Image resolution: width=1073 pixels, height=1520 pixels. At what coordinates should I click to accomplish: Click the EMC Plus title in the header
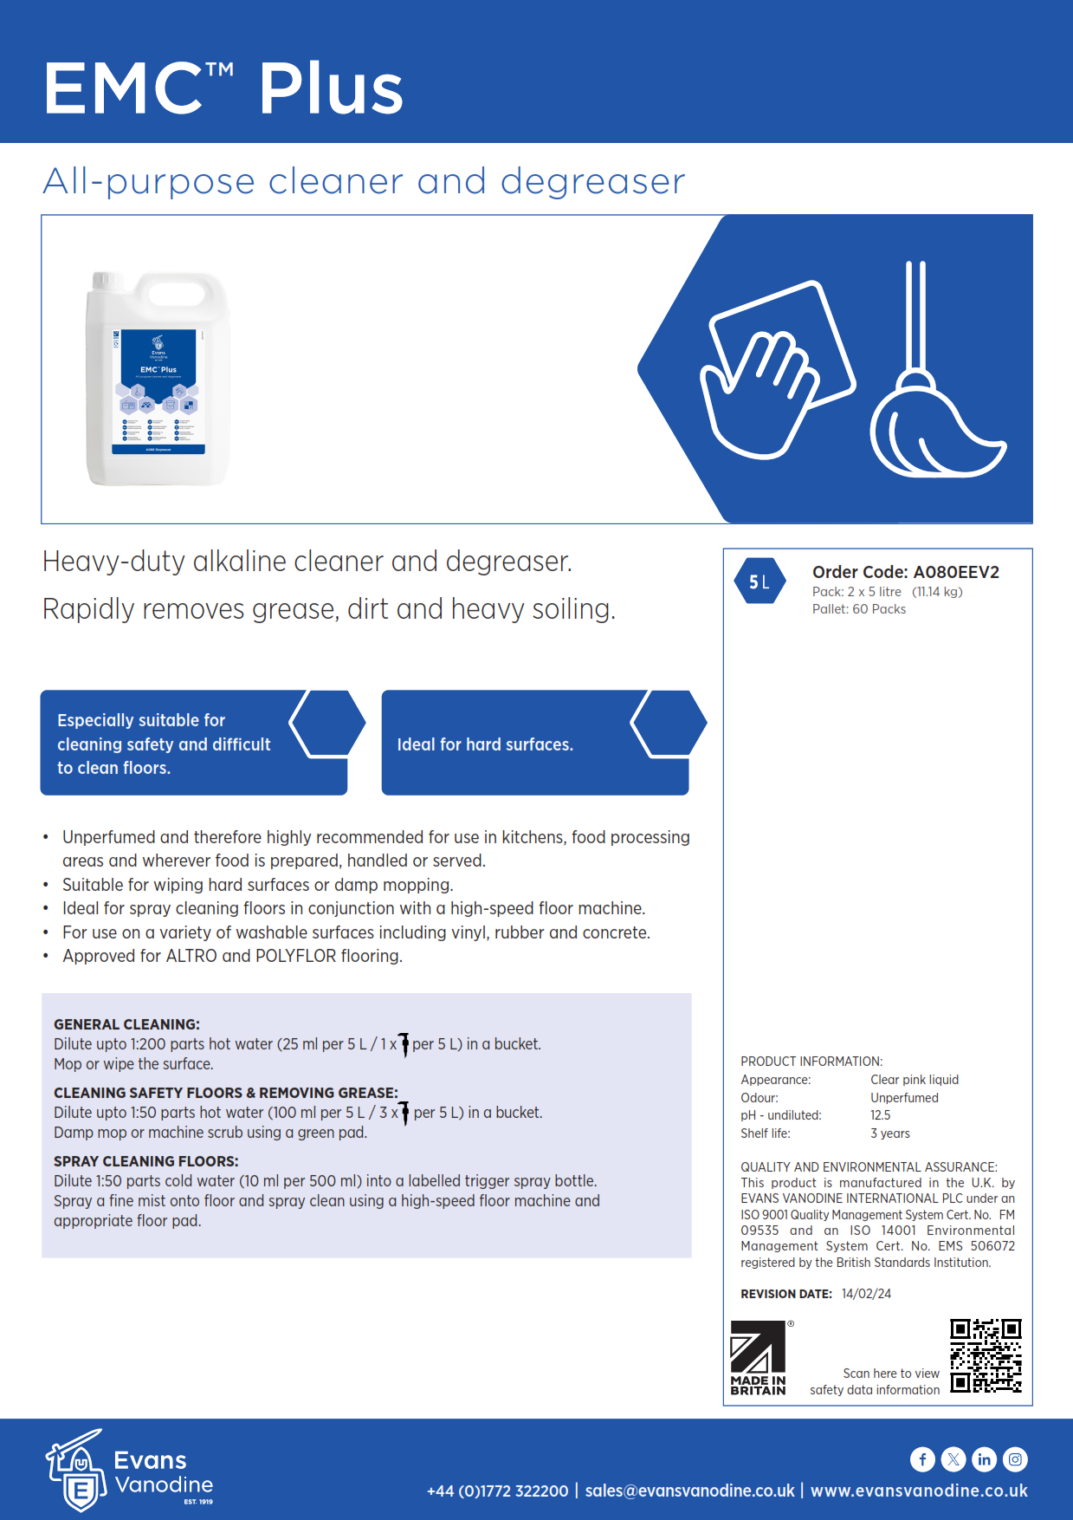(x=223, y=88)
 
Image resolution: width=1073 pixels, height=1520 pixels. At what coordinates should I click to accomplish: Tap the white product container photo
(x=158, y=379)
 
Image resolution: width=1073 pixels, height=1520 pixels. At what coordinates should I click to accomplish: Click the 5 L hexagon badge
(x=759, y=581)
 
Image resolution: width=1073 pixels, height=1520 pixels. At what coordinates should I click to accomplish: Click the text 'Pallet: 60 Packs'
(x=858, y=609)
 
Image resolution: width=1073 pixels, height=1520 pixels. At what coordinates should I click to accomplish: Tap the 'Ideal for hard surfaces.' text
(x=485, y=744)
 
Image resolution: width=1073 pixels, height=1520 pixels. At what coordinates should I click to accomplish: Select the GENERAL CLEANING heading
(x=126, y=1024)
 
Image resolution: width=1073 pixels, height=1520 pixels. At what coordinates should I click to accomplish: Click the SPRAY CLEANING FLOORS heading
(x=145, y=1161)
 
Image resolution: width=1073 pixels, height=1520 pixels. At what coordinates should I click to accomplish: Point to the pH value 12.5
(x=880, y=1115)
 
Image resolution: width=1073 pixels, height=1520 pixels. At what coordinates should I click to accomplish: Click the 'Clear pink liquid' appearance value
(x=914, y=1080)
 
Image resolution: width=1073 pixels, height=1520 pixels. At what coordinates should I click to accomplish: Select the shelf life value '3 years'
(x=889, y=1134)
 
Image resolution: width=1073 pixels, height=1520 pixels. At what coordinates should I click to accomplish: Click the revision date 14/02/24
(x=866, y=1294)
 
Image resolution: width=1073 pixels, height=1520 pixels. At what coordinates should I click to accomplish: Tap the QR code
(x=986, y=1355)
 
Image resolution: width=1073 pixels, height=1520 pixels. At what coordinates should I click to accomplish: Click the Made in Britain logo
(x=759, y=1358)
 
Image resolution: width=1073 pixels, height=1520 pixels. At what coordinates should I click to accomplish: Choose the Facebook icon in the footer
(x=922, y=1459)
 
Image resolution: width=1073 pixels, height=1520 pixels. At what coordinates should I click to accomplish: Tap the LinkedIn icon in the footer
(x=984, y=1459)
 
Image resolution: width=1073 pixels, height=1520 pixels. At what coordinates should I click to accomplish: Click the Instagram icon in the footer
(x=1015, y=1459)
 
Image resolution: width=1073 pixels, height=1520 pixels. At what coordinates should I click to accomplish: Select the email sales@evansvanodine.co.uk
(x=689, y=1491)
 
